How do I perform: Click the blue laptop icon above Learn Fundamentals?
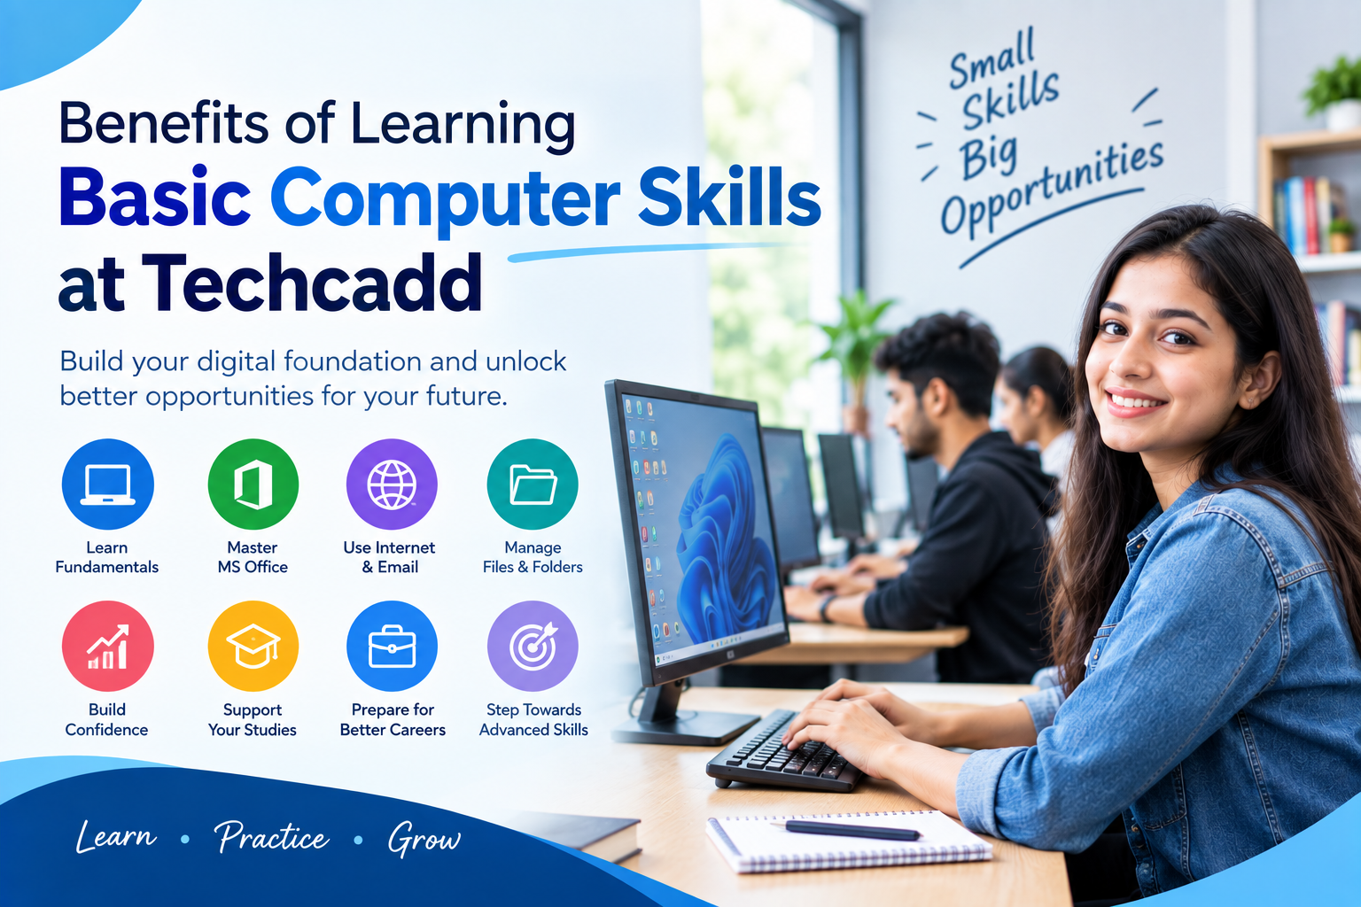point(107,485)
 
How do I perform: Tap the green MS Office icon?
point(253,485)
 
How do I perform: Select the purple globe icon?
point(392,485)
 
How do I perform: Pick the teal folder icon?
point(533,485)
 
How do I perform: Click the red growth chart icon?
point(107,646)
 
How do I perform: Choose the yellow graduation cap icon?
point(253,646)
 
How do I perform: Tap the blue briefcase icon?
point(392,646)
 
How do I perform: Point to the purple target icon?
point(533,646)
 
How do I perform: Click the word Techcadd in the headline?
point(312,283)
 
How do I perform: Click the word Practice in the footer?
point(272,837)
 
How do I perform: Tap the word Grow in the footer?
point(424,839)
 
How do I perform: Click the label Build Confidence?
point(106,719)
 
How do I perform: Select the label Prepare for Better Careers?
point(393,719)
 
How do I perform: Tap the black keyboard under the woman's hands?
point(785,753)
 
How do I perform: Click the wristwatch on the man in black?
point(826,609)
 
